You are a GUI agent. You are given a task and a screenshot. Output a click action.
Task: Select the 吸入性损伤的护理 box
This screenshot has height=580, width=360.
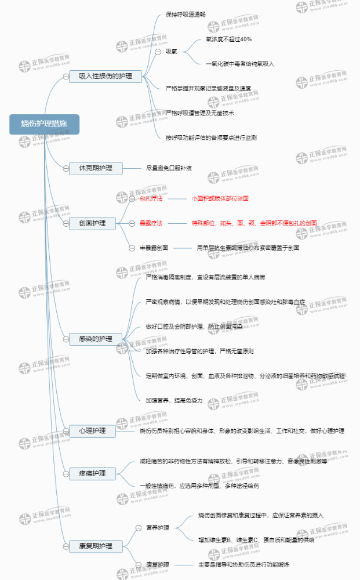pyautogui.click(x=106, y=77)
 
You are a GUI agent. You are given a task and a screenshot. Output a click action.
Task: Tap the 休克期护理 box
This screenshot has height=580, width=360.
pyautogui.click(x=96, y=169)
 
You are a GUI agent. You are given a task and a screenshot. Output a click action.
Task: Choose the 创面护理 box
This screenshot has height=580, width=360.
pyautogui.click(x=92, y=223)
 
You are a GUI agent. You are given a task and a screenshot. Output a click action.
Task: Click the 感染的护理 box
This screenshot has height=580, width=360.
pyautogui.click(x=96, y=339)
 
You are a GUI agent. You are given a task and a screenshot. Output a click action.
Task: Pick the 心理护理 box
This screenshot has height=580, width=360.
pyautogui.click(x=92, y=431)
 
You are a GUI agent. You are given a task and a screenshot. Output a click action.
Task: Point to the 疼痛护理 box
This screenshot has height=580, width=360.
pyautogui.click(x=92, y=474)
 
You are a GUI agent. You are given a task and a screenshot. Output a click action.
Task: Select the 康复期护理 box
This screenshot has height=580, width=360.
pyautogui.click(x=96, y=546)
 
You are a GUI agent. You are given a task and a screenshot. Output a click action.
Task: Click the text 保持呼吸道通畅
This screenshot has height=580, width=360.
pyautogui.click(x=186, y=14)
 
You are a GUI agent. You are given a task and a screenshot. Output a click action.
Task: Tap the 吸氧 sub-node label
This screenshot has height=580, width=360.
pyautogui.click(x=172, y=52)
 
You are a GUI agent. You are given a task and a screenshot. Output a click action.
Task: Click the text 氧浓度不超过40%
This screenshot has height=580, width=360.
pyautogui.click(x=228, y=39)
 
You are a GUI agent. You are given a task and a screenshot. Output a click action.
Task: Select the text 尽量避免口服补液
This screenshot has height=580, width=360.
pyautogui.click(x=169, y=169)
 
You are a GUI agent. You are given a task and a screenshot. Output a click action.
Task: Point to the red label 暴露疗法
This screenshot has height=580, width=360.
pyautogui.click(x=151, y=223)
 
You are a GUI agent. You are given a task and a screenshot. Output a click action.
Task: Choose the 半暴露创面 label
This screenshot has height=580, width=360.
pyautogui.click(x=154, y=248)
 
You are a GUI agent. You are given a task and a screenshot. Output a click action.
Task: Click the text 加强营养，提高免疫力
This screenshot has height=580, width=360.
pyautogui.click(x=174, y=400)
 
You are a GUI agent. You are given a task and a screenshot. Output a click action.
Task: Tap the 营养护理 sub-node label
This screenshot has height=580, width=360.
pyautogui.click(x=158, y=528)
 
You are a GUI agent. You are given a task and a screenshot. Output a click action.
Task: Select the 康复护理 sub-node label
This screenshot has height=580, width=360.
pyautogui.click(x=158, y=564)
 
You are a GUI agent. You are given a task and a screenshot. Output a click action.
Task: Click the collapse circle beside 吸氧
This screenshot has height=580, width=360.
pyautogui.click(x=158, y=52)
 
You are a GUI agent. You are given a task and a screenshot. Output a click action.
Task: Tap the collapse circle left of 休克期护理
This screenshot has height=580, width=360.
pyautogui.click(x=64, y=169)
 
